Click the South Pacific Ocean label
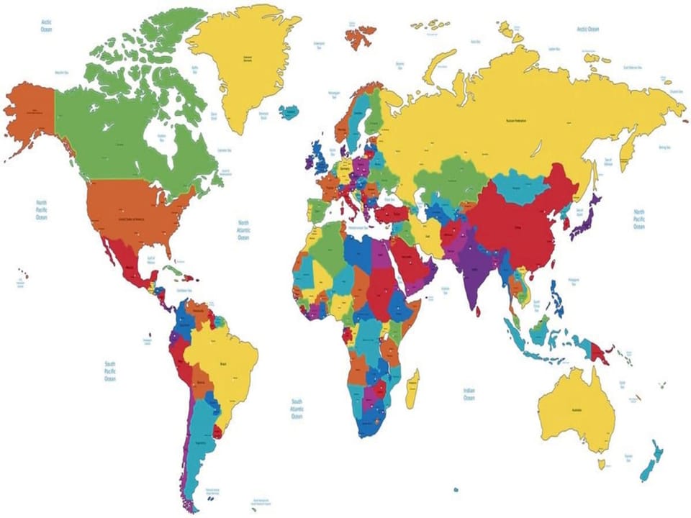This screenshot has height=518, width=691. [109, 371]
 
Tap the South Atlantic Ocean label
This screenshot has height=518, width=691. [296, 409]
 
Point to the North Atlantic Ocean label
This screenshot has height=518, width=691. [243, 230]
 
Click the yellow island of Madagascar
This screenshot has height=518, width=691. [412, 388]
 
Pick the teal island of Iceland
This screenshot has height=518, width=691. [289, 113]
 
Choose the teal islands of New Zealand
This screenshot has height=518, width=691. [650, 460]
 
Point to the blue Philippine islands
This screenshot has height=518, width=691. [557, 297]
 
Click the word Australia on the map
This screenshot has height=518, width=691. [576, 409]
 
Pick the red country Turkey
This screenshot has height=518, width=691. [392, 212]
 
